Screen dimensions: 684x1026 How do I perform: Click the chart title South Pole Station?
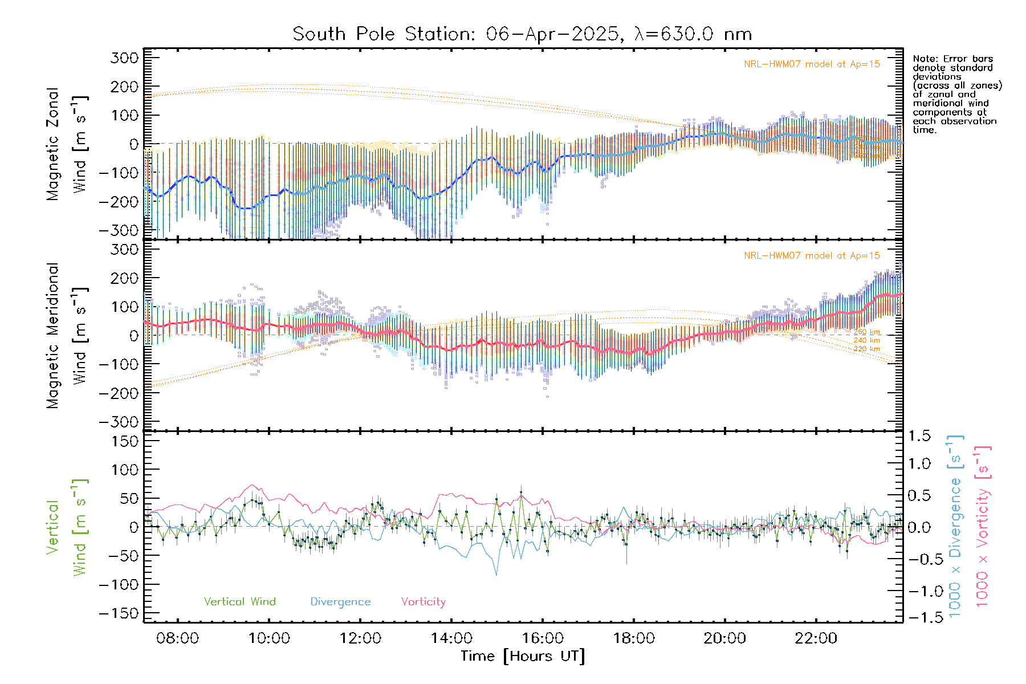[x=522, y=34]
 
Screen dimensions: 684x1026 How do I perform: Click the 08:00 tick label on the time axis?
[x=177, y=638]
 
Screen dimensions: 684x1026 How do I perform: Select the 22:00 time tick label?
[x=816, y=638]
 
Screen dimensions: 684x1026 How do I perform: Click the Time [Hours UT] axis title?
[x=523, y=656]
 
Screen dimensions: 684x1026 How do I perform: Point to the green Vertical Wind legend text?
[x=239, y=601]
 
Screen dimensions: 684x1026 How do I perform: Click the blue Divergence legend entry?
[x=340, y=601]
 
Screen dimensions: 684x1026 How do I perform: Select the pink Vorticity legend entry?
[x=423, y=601]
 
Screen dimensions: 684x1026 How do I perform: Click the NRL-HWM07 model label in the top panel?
[x=812, y=64]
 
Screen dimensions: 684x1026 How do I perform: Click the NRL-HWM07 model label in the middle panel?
[x=812, y=255]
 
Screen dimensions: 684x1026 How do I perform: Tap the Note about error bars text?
[x=957, y=94]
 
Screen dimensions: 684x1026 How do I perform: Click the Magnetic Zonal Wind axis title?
[x=67, y=144]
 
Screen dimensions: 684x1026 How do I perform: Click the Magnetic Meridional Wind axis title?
[x=67, y=335]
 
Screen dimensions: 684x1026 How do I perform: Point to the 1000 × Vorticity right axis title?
[x=982, y=526]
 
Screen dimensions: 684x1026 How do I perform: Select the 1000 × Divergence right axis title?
[x=955, y=526]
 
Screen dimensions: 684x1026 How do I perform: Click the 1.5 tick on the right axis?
[x=919, y=436]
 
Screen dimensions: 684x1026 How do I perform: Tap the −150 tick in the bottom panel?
[x=119, y=613]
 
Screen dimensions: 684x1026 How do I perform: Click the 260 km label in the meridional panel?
[x=866, y=332]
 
